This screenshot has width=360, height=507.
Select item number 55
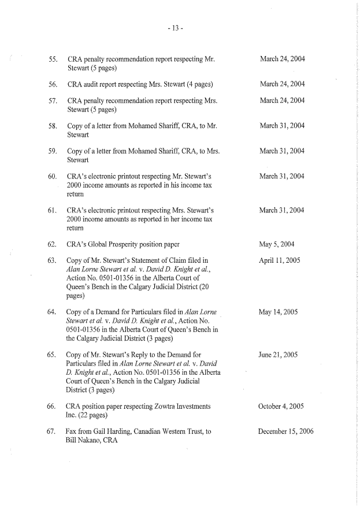tap(53, 59)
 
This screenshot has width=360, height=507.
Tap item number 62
tap(53, 244)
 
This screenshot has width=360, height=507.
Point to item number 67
tap(53, 431)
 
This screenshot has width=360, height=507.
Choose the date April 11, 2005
tap(280, 260)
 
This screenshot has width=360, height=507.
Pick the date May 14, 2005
tap(278, 312)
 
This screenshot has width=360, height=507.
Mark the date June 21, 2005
tap(278, 354)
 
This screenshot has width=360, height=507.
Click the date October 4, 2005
tap(282, 406)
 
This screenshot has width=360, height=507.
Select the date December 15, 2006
tap(287, 431)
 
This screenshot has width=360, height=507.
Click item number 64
tap(53, 312)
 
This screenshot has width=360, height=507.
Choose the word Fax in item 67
tap(72, 431)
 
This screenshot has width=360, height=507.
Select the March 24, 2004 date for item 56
tap(282, 84)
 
